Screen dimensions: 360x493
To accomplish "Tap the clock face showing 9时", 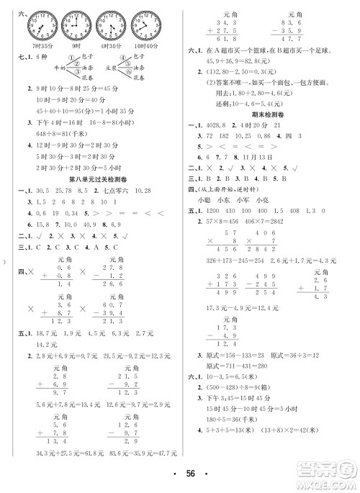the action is (x=76, y=28).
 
